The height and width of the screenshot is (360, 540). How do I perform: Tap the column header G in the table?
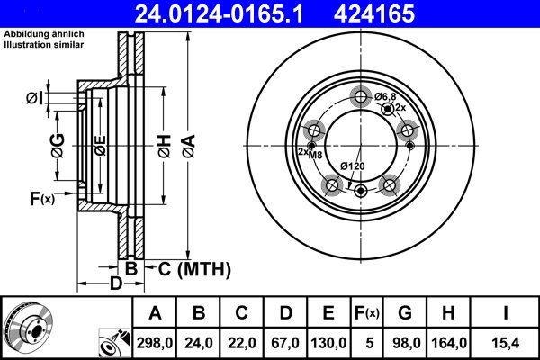pos(403,314)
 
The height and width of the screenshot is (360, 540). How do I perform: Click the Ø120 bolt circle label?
pos(352,166)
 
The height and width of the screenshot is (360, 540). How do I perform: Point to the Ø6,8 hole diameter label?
pos(385,96)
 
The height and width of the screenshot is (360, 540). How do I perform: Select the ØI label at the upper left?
pos(34,97)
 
